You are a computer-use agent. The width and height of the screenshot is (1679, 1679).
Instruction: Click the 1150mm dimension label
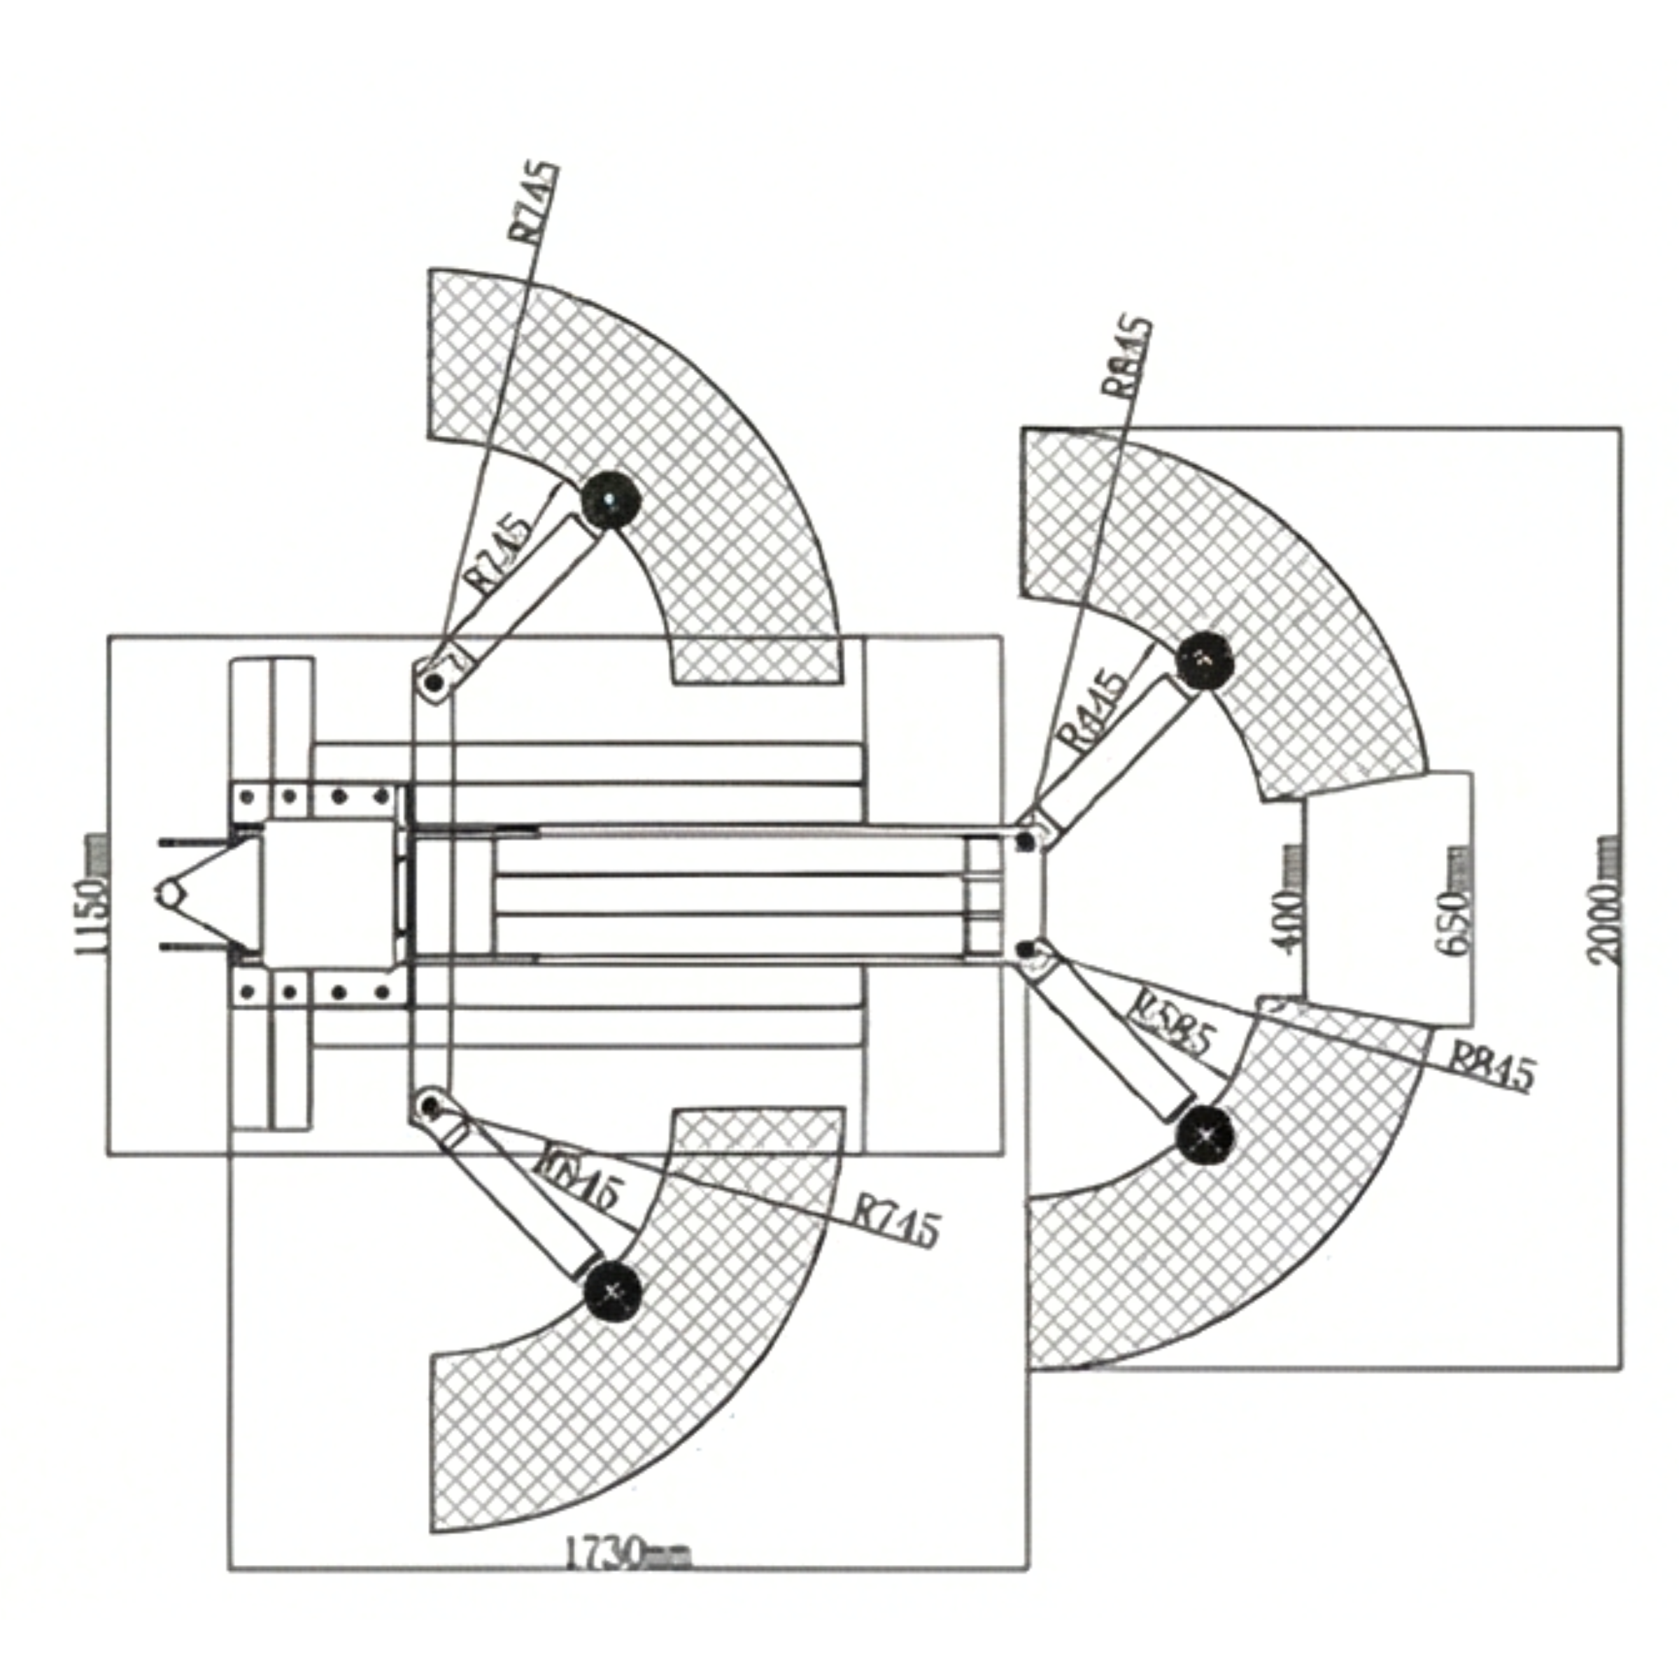point(93,895)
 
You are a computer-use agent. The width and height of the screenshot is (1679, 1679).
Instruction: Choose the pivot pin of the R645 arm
point(430,1105)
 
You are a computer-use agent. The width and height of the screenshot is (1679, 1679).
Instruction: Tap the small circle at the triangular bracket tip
point(171,893)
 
